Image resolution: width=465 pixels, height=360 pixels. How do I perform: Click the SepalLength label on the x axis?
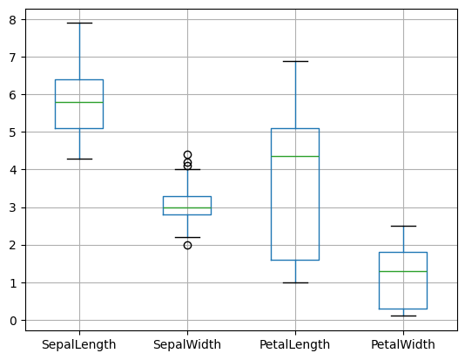[79, 344]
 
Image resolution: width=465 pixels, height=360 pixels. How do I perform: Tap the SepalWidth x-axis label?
[187, 344]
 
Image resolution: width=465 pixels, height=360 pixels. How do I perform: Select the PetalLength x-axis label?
[295, 344]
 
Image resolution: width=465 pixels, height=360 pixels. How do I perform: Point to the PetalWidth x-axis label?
[403, 344]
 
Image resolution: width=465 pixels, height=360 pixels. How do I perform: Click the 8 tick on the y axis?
[13, 19]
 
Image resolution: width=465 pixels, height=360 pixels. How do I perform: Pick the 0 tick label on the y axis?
[13, 320]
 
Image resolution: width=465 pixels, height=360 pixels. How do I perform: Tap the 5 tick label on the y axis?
[13, 132]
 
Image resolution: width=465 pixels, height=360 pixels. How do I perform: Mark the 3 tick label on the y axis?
[13, 207]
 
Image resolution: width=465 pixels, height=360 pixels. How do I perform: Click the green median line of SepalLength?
[79, 102]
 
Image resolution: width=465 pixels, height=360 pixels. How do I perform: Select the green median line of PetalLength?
[295, 156]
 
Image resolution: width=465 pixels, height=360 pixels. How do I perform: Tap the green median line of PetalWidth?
[403, 271]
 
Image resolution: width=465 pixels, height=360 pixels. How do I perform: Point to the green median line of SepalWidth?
[187, 207]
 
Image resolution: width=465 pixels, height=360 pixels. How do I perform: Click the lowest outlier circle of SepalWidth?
[187, 245]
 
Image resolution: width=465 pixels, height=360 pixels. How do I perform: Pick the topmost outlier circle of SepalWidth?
[187, 154]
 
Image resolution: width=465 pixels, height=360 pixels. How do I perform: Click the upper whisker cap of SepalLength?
[79, 23]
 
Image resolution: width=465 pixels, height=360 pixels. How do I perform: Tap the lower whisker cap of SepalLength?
[79, 159]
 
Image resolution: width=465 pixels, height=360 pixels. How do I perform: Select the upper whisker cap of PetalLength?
[295, 61]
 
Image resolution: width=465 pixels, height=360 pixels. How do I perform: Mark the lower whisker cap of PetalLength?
[295, 282]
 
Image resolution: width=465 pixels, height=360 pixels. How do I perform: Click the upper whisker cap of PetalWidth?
[403, 226]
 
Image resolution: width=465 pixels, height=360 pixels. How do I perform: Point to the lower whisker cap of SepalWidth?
[187, 237]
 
